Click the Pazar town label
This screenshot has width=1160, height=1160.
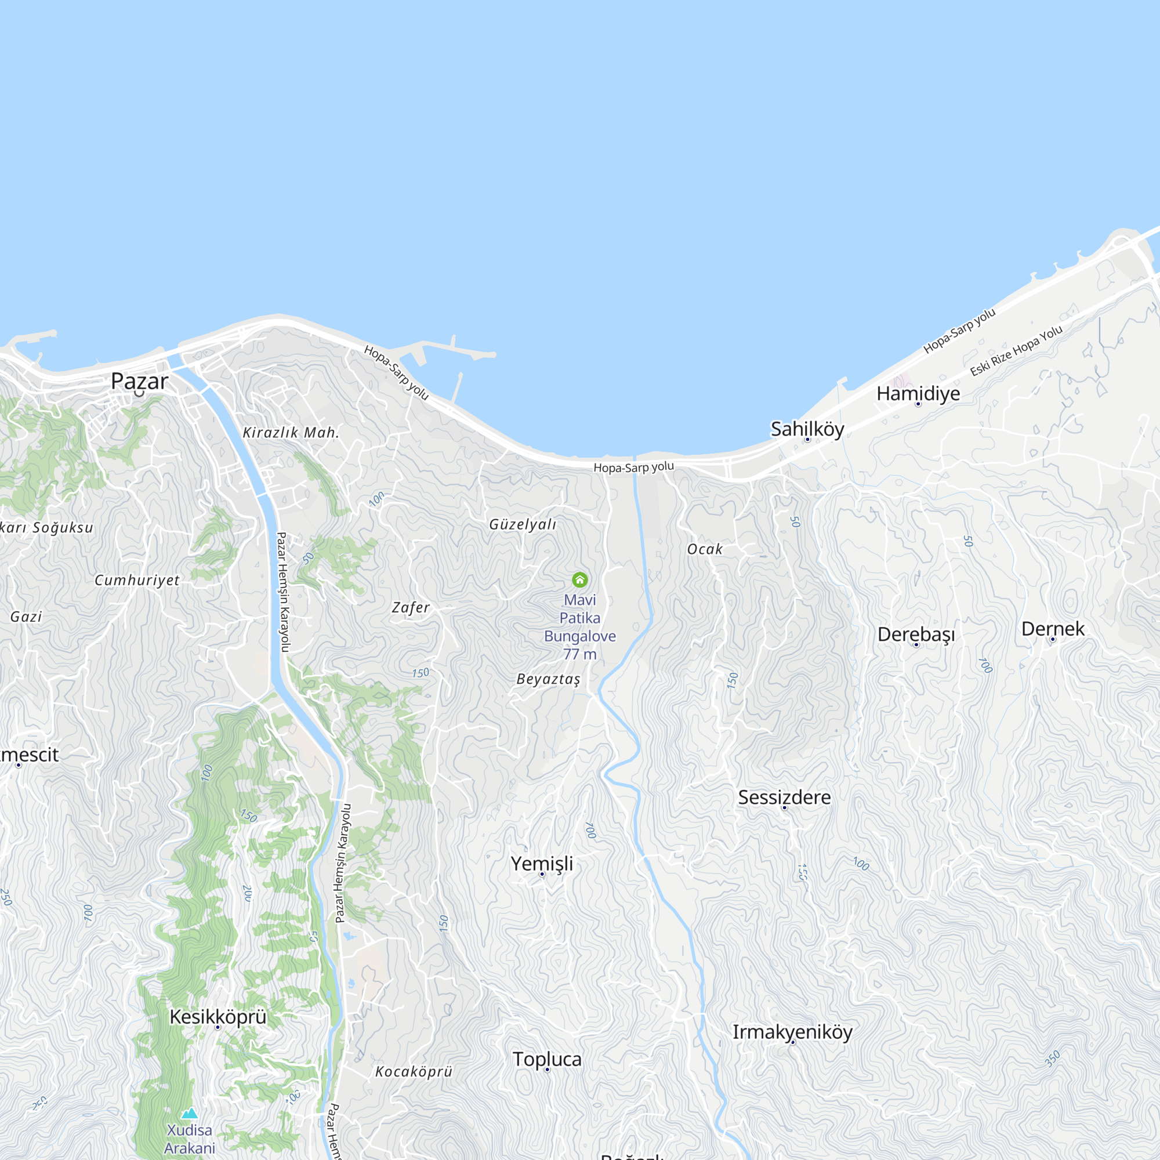[x=139, y=381]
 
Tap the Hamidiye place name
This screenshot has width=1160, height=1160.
[x=918, y=394]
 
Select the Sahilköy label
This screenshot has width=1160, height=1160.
[x=807, y=429]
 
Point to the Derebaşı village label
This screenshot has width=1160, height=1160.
[x=916, y=635]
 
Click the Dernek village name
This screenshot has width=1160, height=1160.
[x=1053, y=629]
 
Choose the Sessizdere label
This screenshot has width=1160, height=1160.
[x=784, y=797]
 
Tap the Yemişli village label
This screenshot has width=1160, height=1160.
[x=542, y=864]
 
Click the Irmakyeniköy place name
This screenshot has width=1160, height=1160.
[x=792, y=1032]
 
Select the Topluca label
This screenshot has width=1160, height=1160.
[x=546, y=1060]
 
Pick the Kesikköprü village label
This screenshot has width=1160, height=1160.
[x=217, y=1017]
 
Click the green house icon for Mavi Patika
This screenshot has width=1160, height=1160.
[x=579, y=580]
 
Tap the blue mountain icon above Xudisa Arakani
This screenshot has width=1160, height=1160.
[x=190, y=1113]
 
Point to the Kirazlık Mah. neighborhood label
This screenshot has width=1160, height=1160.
[x=291, y=433]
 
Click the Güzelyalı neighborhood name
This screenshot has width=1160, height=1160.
[x=523, y=525]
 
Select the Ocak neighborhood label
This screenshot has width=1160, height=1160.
[x=704, y=549]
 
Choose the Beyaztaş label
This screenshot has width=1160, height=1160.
[x=548, y=679]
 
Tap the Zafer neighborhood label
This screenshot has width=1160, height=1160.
[x=411, y=608]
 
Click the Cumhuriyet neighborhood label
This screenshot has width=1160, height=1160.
[x=137, y=581]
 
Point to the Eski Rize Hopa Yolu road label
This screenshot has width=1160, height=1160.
[x=1016, y=351]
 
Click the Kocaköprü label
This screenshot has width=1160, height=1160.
[x=413, y=1072]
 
